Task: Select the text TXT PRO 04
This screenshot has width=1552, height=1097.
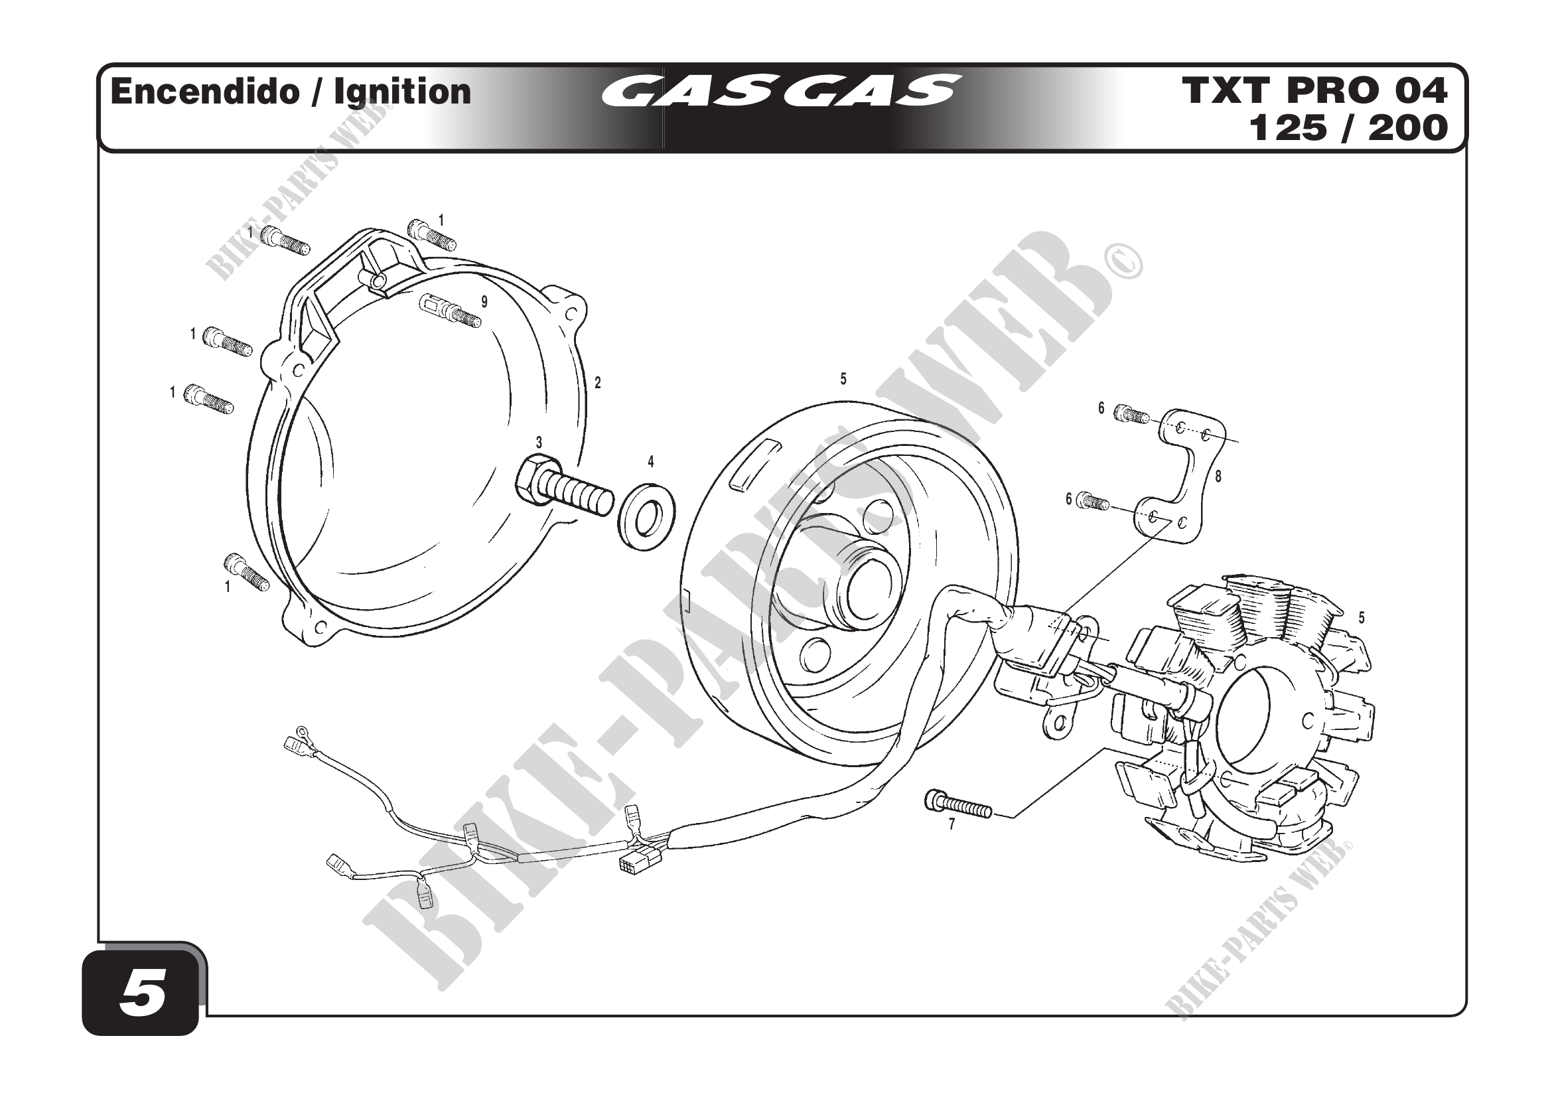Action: (x=1314, y=90)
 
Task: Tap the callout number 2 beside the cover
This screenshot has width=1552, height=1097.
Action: (x=598, y=382)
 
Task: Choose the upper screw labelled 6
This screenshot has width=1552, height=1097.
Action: (x=1131, y=413)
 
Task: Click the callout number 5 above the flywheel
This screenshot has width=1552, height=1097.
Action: (x=843, y=379)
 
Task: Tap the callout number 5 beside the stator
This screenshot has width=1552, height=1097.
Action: (x=1362, y=617)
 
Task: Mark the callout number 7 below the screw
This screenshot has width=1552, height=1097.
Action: (x=952, y=825)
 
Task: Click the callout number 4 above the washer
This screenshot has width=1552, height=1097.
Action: (x=651, y=462)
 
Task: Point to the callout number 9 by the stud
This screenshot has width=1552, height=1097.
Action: (x=484, y=301)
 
